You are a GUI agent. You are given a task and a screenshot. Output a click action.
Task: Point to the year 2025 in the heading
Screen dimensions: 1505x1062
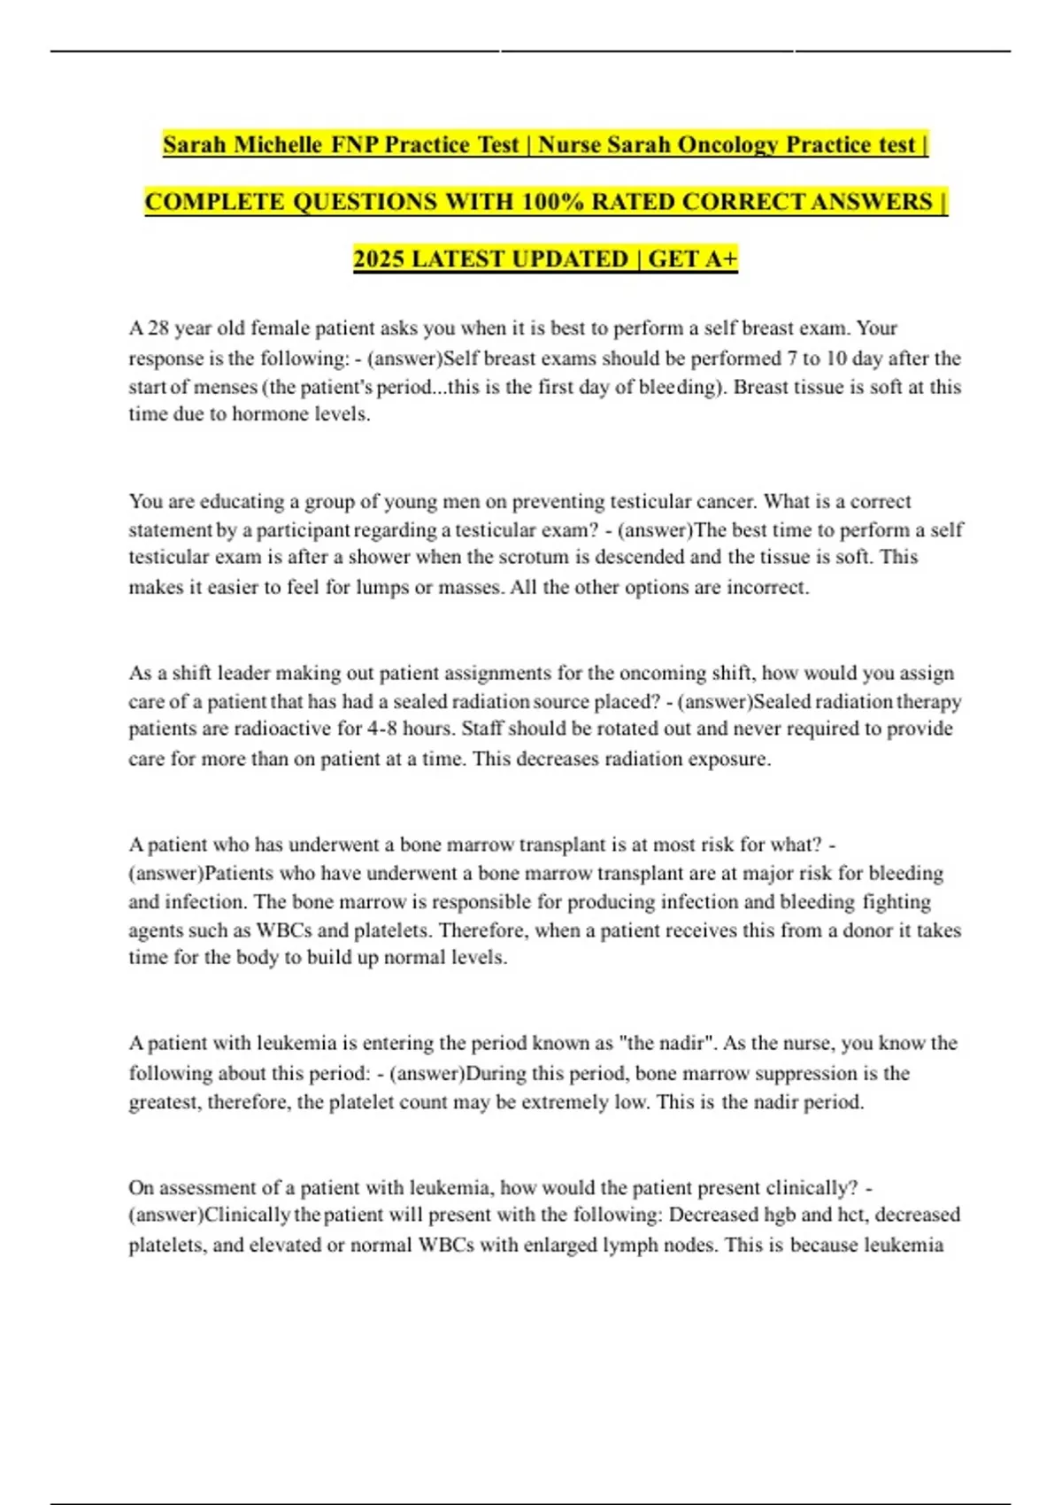coord(378,259)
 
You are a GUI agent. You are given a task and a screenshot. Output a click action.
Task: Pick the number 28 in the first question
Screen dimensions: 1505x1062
coord(158,328)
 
